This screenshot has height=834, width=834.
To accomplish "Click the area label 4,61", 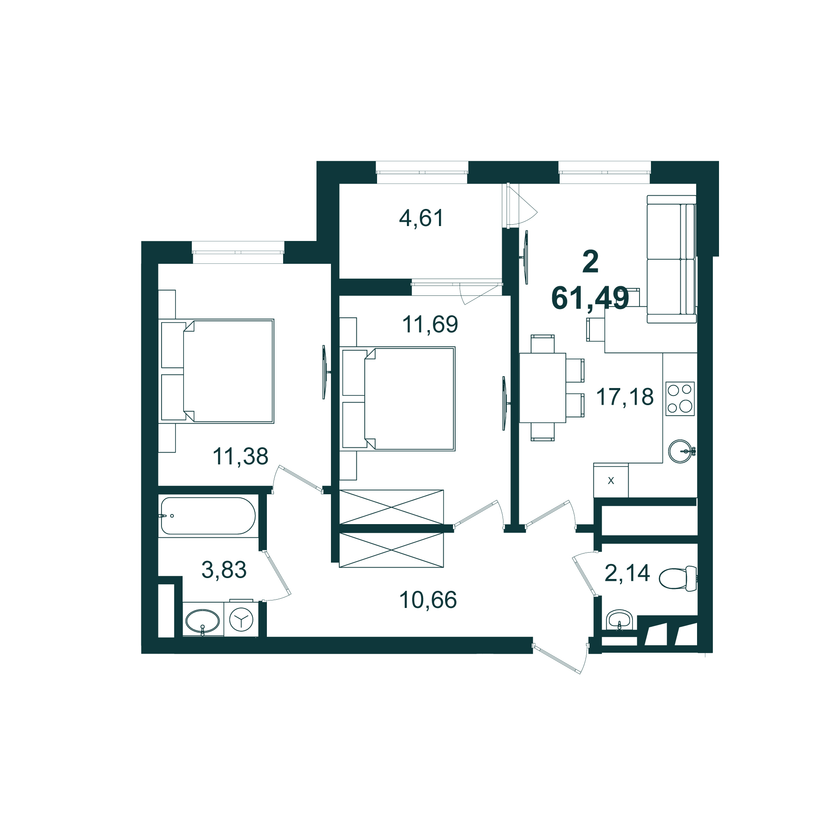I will coord(421,218).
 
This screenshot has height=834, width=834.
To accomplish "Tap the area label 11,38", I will coord(240,456).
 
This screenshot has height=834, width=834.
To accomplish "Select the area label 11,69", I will coord(430,324).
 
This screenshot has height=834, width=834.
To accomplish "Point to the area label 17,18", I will coord(624,397).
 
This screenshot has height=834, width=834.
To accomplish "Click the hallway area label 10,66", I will coord(428,600).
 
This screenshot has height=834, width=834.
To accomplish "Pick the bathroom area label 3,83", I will coord(224,570).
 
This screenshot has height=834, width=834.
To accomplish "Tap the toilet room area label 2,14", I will coord(627,573).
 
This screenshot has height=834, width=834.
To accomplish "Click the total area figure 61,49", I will coord(590,298).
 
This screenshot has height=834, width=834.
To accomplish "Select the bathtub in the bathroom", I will coord(208,516).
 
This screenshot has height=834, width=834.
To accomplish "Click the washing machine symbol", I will coord(241,619).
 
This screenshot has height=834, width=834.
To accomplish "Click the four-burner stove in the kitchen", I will coord(680,399).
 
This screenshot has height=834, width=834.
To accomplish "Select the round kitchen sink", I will coord(680,451).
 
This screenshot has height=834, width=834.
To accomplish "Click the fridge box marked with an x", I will coord(611,481).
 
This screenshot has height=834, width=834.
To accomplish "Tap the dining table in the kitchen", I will coord(543,388).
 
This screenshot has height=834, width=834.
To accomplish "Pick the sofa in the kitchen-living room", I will coord(671,259).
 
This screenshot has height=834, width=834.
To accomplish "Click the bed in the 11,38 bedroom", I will coord(228,371).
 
